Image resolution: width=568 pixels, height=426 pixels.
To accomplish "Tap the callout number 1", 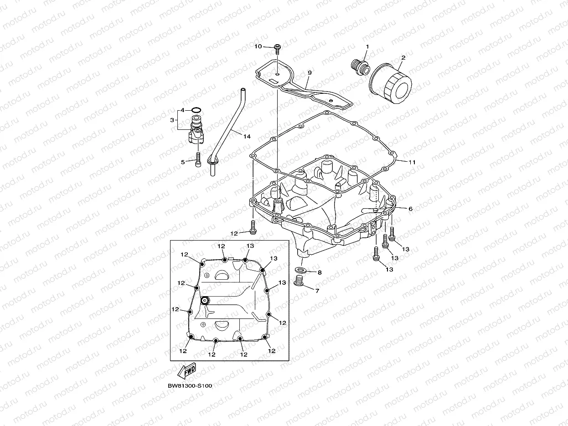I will (x=367, y=47).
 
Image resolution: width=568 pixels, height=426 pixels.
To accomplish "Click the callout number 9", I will (x=309, y=73).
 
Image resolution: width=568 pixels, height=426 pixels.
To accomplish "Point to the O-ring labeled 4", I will (x=196, y=110).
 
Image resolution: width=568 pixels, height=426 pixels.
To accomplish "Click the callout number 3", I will (x=172, y=120).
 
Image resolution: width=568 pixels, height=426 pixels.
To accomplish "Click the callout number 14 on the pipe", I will (x=247, y=136).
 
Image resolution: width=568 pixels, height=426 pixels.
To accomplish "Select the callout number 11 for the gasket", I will (x=412, y=162).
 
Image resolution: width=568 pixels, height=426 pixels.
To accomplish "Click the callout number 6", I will (x=410, y=209).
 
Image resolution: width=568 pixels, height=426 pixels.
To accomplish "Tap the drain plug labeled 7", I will (x=299, y=284).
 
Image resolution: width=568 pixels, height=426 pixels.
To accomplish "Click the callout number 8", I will (x=319, y=272).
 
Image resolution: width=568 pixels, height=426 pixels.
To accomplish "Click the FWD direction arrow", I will (x=187, y=370).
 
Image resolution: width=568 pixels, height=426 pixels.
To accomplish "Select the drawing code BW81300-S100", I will (x=190, y=385).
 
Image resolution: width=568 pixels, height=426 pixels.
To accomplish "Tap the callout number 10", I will (x=258, y=46).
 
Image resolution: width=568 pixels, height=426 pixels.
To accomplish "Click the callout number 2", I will (x=403, y=58).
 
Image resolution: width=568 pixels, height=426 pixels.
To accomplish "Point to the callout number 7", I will (x=317, y=290).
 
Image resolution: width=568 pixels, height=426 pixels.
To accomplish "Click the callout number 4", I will (x=182, y=110).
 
